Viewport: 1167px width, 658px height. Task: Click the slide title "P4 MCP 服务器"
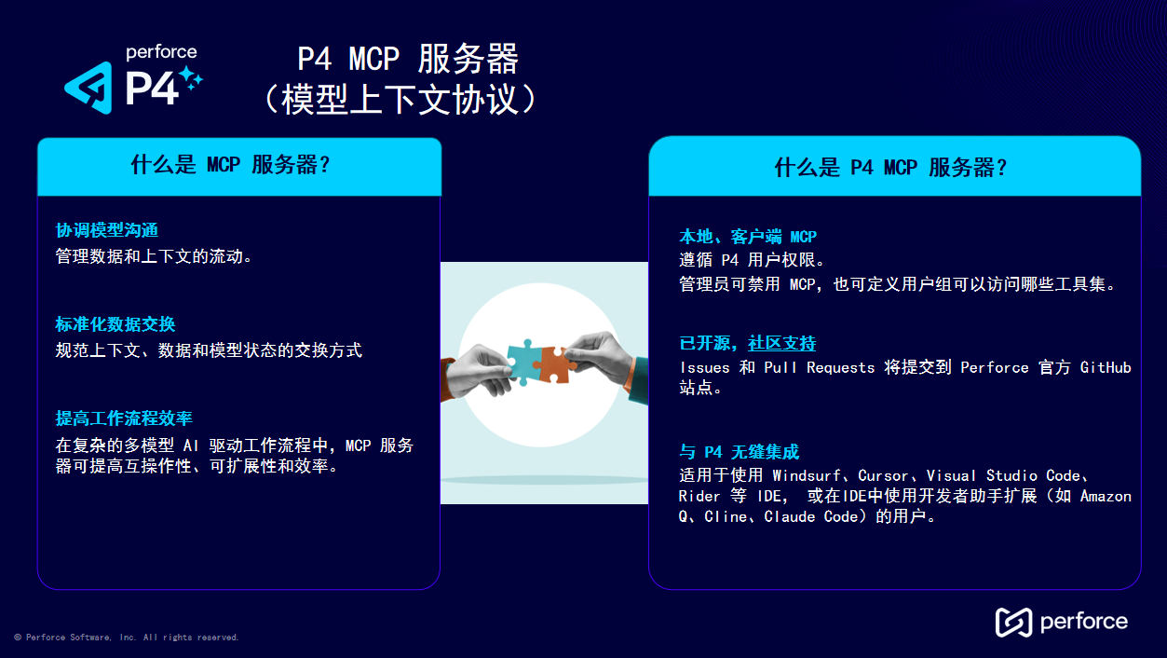coord(408,60)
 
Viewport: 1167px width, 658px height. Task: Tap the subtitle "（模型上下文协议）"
coord(400,100)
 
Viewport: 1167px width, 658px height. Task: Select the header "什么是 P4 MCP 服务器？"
coord(891,167)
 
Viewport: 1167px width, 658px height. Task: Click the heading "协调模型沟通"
coord(107,230)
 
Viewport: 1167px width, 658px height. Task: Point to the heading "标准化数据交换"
coord(115,324)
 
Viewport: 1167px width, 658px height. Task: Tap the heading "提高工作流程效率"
coord(124,418)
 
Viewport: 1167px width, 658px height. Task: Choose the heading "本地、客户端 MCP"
coord(748,237)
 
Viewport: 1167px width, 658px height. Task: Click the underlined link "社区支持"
coord(782,343)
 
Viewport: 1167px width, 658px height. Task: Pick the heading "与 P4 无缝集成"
coord(740,452)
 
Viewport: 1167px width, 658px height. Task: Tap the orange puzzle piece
coord(554,363)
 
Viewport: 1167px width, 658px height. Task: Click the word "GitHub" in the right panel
coord(1106,367)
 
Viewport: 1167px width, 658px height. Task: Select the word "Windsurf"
coord(808,475)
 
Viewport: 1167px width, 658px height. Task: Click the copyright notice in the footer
coord(127,637)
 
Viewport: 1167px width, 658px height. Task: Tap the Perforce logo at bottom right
coord(1061,622)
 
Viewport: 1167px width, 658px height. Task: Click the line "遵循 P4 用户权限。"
coord(753,260)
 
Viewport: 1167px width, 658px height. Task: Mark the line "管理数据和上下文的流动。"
coord(155,256)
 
